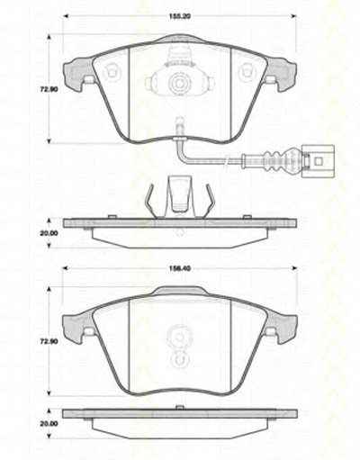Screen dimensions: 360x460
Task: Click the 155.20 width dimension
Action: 180,16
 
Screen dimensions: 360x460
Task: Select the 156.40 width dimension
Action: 180,268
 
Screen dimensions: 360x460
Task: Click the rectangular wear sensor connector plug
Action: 318,162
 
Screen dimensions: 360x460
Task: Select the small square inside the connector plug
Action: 319,162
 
